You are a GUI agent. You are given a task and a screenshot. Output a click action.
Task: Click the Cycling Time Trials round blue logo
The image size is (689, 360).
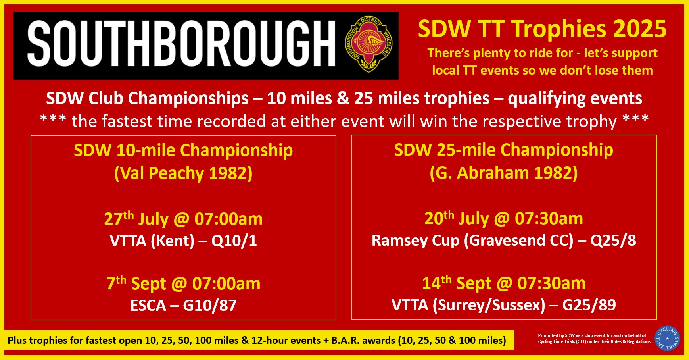[x=668, y=338]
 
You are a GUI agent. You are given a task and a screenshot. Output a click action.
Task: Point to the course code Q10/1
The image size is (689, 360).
[x=234, y=241]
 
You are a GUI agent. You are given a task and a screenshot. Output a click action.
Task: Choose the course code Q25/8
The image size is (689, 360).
[x=613, y=241]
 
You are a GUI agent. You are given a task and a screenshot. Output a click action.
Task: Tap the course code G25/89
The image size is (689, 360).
[x=589, y=305]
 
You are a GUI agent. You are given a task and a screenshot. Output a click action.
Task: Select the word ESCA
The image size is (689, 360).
[x=148, y=306]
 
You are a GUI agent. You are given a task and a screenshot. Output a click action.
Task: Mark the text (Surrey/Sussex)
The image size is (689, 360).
[x=489, y=305]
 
